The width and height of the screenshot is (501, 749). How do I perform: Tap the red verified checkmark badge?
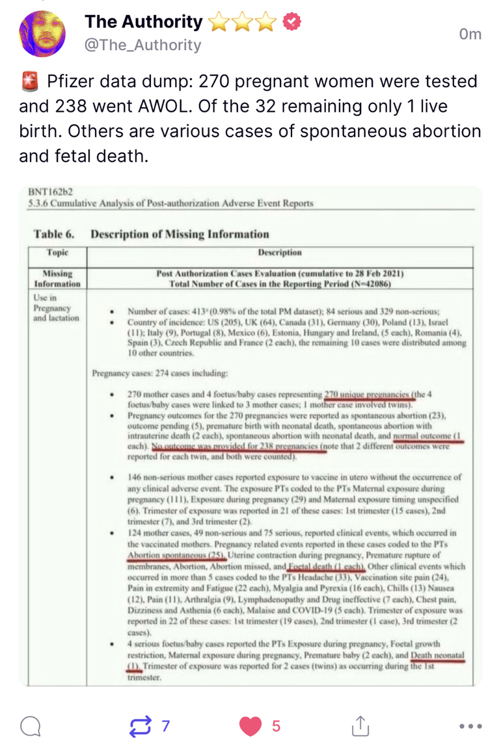(292, 22)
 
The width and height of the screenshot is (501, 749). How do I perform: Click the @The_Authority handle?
(142, 45)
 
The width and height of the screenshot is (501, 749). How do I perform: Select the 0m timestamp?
(470, 34)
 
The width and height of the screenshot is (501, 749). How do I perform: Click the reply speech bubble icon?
(30, 726)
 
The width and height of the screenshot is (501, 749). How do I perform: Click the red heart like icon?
(251, 726)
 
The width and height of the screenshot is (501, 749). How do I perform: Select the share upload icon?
(360, 726)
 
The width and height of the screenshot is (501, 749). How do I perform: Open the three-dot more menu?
(470, 726)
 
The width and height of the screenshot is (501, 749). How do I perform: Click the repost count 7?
(165, 726)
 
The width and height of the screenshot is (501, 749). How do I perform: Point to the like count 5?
(276, 726)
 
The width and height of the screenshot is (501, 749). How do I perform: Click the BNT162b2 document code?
(51, 192)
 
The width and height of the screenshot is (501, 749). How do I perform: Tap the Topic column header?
(58, 252)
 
